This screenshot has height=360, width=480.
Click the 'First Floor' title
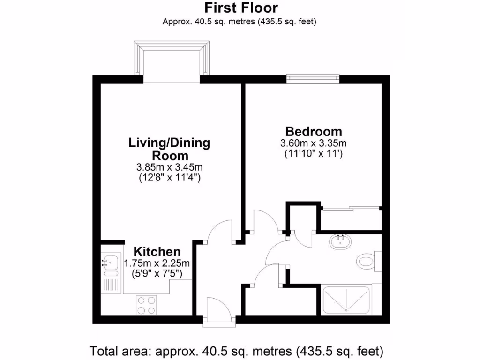click(241, 8)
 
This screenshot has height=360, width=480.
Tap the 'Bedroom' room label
click(314, 131)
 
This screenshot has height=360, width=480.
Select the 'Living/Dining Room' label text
click(169, 149)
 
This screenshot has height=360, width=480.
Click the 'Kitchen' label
click(157, 252)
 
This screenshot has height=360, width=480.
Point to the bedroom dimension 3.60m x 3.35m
click(314, 143)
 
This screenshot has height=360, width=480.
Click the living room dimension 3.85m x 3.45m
click(169, 167)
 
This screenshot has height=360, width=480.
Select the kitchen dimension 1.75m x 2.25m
click(157, 263)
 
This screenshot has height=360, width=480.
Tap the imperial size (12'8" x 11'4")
click(169, 178)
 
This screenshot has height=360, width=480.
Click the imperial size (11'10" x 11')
click(314, 154)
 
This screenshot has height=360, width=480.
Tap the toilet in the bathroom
click(366, 260)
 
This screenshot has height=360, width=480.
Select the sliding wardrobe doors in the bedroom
click(351, 208)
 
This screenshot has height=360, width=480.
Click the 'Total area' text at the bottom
click(237, 351)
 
